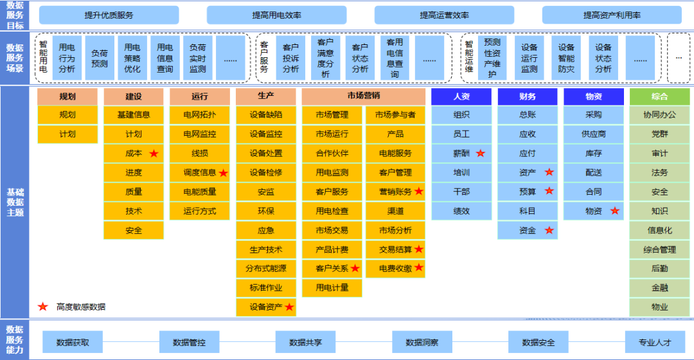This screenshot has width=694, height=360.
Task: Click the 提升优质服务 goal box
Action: [109, 15]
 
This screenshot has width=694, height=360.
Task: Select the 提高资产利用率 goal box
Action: [612, 15]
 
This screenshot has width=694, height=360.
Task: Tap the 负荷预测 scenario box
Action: [100, 59]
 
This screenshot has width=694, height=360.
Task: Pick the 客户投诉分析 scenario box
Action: [290, 59]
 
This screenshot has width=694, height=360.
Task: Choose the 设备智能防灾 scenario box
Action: [566, 59]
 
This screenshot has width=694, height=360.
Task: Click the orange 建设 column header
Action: [134, 96]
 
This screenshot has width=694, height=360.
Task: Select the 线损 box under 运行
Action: [200, 154]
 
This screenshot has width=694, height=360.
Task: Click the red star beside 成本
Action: [154, 154]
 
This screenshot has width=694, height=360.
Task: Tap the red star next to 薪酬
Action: [480, 154]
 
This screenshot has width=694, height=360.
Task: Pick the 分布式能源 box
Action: [266, 269]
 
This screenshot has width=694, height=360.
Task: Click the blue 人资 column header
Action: [461, 96]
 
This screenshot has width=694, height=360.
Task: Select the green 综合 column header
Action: [659, 96]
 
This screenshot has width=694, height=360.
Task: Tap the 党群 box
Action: [659, 134]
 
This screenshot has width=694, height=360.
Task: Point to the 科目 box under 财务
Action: [528, 211]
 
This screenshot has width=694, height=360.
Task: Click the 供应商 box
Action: [594, 134]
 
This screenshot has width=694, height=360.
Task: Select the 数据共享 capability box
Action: [306, 343]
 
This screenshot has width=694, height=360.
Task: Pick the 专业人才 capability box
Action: [655, 343]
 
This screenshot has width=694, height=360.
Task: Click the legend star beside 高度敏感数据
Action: [43, 307]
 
